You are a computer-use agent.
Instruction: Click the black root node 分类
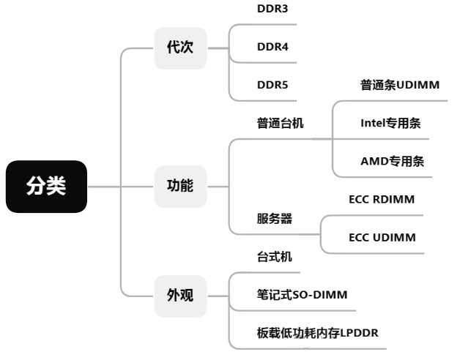(47, 187)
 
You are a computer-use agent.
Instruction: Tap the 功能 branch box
(180, 186)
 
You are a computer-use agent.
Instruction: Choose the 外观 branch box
(180, 296)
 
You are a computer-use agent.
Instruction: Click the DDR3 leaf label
(272, 10)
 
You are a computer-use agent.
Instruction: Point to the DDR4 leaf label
(272, 47)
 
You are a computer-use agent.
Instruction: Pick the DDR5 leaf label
(272, 85)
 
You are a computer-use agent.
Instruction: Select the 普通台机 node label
(281, 123)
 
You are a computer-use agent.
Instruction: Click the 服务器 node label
(275, 218)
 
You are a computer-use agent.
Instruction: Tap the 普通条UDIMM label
(400, 85)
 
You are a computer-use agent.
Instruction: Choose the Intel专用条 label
(390, 123)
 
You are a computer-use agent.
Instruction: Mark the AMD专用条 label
(392, 161)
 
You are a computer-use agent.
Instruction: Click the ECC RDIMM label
(382, 199)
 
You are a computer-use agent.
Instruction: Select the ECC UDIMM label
(382, 237)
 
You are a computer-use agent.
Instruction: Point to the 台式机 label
(275, 257)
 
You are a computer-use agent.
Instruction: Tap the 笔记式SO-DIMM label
(302, 295)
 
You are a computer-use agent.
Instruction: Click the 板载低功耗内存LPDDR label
(317, 333)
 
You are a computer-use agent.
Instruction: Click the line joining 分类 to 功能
(121, 187)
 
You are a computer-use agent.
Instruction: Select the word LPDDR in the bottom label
(360, 333)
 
